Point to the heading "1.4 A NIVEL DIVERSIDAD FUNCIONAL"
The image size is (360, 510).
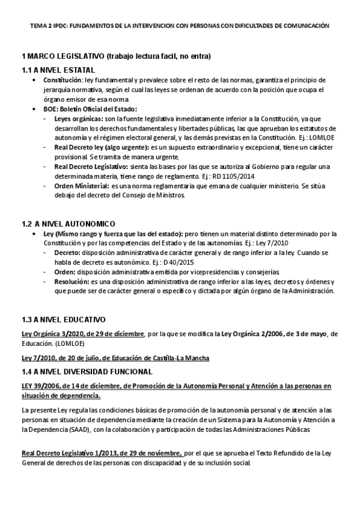point(87,371)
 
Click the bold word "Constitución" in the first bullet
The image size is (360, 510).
point(62,80)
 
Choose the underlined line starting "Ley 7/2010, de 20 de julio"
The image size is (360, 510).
point(115,358)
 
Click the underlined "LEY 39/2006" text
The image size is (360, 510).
point(40,385)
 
